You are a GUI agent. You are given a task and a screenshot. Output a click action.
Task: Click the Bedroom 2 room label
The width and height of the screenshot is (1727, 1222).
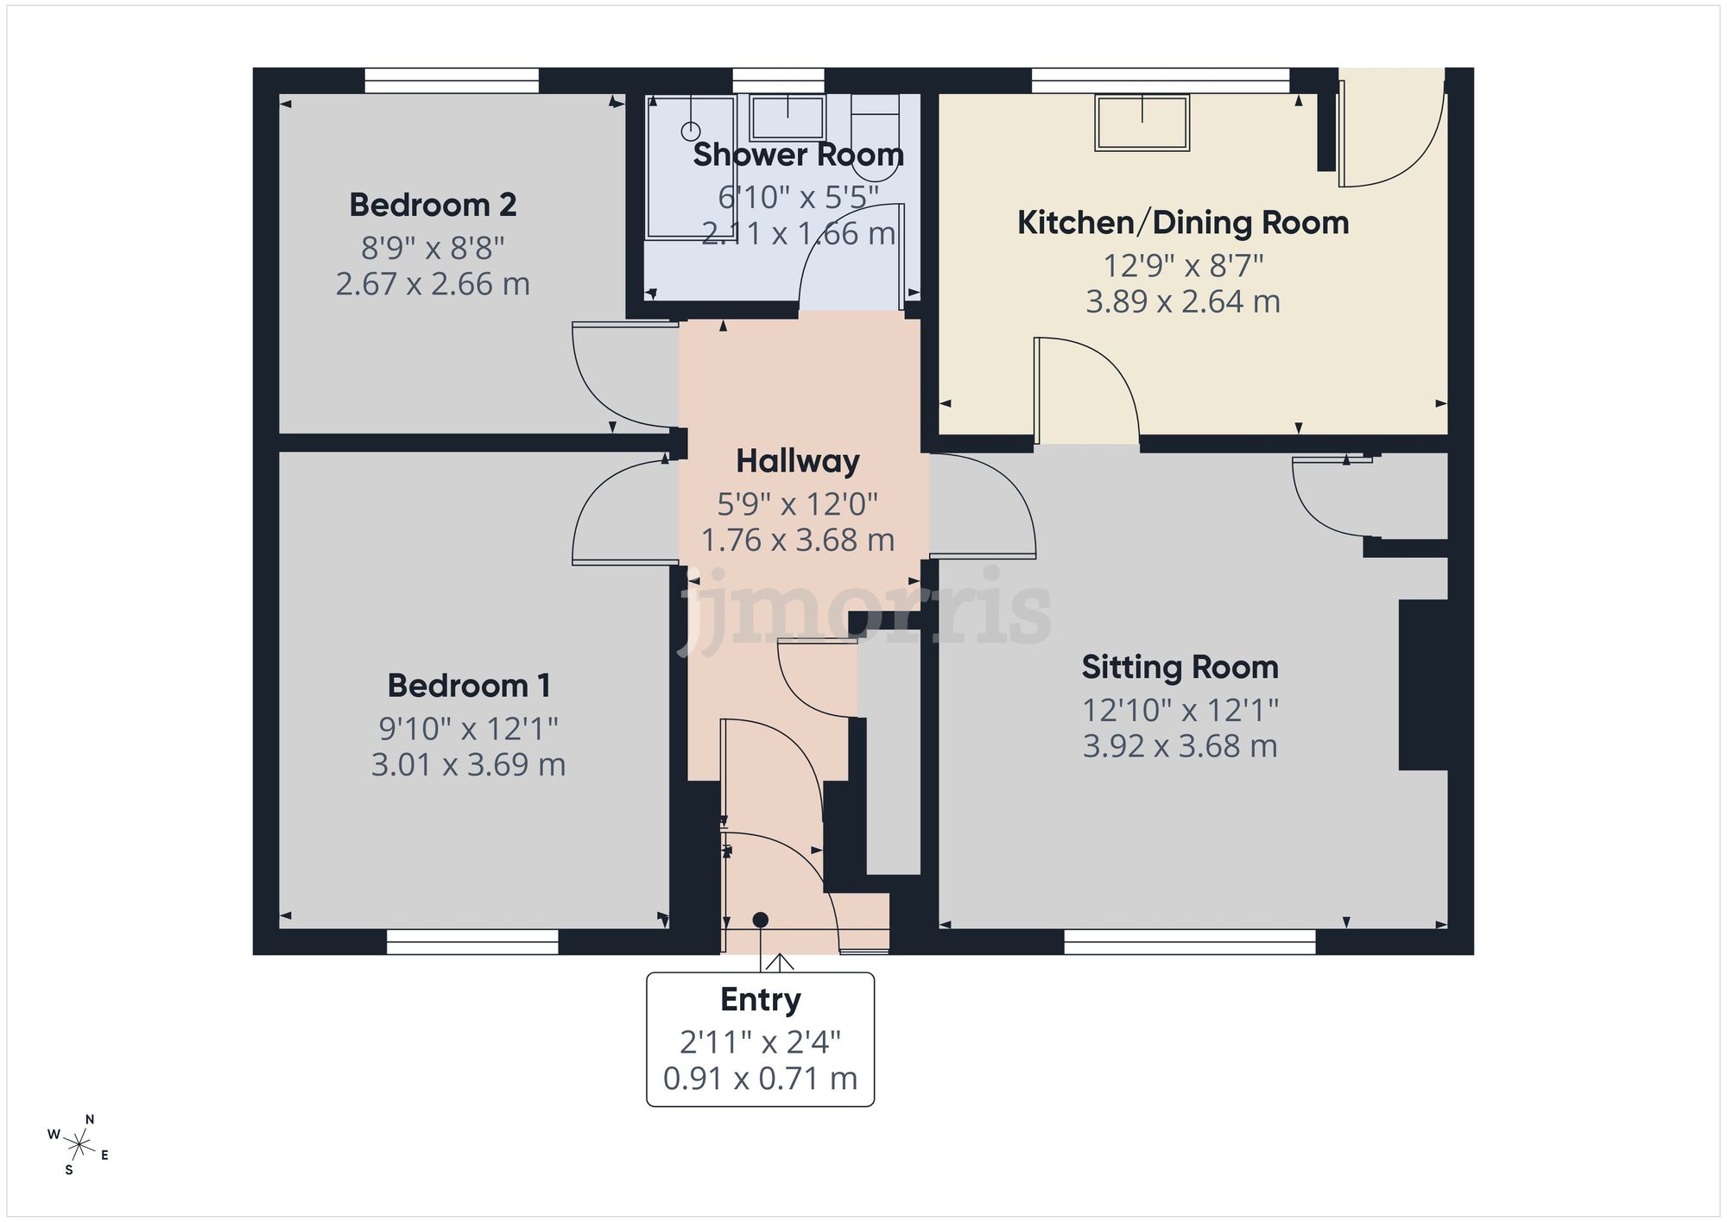click(433, 206)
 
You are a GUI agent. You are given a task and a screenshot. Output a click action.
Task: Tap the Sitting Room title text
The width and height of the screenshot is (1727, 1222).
click(1180, 668)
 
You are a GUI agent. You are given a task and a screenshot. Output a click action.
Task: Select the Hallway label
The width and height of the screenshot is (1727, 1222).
click(797, 461)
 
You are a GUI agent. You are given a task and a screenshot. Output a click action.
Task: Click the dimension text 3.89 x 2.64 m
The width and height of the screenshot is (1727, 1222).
click(1182, 301)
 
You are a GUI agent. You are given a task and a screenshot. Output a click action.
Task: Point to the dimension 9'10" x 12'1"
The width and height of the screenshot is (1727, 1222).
click(468, 729)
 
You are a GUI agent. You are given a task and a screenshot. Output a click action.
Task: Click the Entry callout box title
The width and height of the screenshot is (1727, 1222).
click(760, 999)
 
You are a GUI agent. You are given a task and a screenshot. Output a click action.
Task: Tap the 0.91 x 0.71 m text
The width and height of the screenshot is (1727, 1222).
click(760, 1078)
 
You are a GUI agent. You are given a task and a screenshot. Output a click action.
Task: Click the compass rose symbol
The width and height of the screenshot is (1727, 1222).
click(79, 1146)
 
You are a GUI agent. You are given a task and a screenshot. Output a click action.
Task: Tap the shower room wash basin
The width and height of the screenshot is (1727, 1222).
click(787, 117)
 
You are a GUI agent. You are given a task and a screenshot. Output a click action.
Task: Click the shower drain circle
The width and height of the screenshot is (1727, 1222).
click(691, 131)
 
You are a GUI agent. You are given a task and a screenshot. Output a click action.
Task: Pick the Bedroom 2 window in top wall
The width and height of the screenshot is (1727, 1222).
click(452, 81)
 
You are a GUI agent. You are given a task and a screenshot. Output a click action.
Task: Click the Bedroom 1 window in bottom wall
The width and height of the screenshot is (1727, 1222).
click(472, 942)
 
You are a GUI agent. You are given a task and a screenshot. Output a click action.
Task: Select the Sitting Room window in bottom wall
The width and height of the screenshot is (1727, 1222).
click(1189, 942)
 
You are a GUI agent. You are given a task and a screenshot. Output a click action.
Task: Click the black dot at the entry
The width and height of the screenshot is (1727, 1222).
click(760, 920)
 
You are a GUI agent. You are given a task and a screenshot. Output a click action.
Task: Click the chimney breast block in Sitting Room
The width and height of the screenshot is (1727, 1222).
click(1422, 684)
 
